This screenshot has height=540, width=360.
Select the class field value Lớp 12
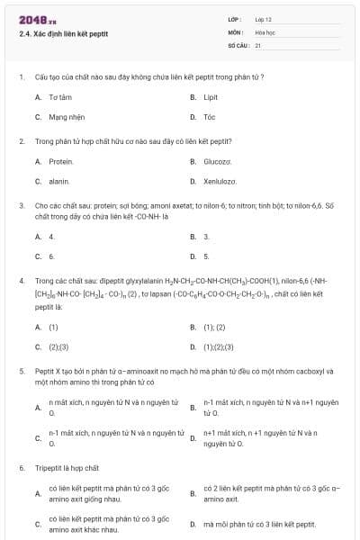(264, 18)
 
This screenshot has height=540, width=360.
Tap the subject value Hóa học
(265, 31)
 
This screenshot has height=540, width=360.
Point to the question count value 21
(258, 45)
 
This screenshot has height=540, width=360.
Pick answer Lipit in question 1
(211, 96)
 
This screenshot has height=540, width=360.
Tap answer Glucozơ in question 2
(218, 161)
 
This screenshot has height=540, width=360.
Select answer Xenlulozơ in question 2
(220, 182)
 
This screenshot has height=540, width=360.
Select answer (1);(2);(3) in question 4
(219, 347)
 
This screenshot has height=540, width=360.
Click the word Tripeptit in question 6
(50, 469)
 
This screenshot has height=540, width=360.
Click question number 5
(22, 371)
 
